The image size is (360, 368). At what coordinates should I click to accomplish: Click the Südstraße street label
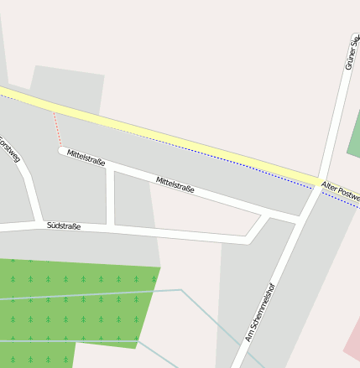click(64, 225)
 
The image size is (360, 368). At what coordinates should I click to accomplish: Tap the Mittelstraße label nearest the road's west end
click(86, 157)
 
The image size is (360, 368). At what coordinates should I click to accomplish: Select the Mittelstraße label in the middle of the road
click(175, 184)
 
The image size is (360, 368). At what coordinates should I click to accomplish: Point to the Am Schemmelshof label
click(260, 311)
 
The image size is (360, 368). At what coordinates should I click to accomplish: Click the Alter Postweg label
click(339, 194)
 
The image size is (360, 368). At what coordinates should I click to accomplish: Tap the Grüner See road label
click(351, 52)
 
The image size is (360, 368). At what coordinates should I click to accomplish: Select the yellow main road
click(168, 137)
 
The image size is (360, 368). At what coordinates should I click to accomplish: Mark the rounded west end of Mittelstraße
click(62, 151)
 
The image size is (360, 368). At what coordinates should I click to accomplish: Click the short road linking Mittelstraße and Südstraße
click(111, 196)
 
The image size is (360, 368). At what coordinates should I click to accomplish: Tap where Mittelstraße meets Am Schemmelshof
click(300, 220)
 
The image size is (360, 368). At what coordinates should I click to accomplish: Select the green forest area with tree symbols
click(76, 302)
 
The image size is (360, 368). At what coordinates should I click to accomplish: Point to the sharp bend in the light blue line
click(180, 290)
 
